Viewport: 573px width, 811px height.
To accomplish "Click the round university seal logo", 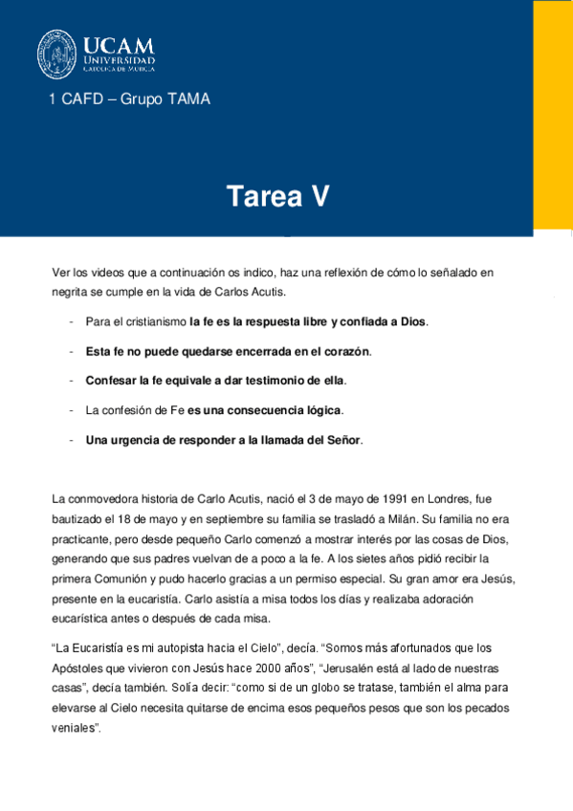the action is point(56,54).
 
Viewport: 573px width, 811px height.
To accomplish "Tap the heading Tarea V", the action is point(278,196).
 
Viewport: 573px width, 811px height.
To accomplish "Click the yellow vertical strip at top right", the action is point(553,115).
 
